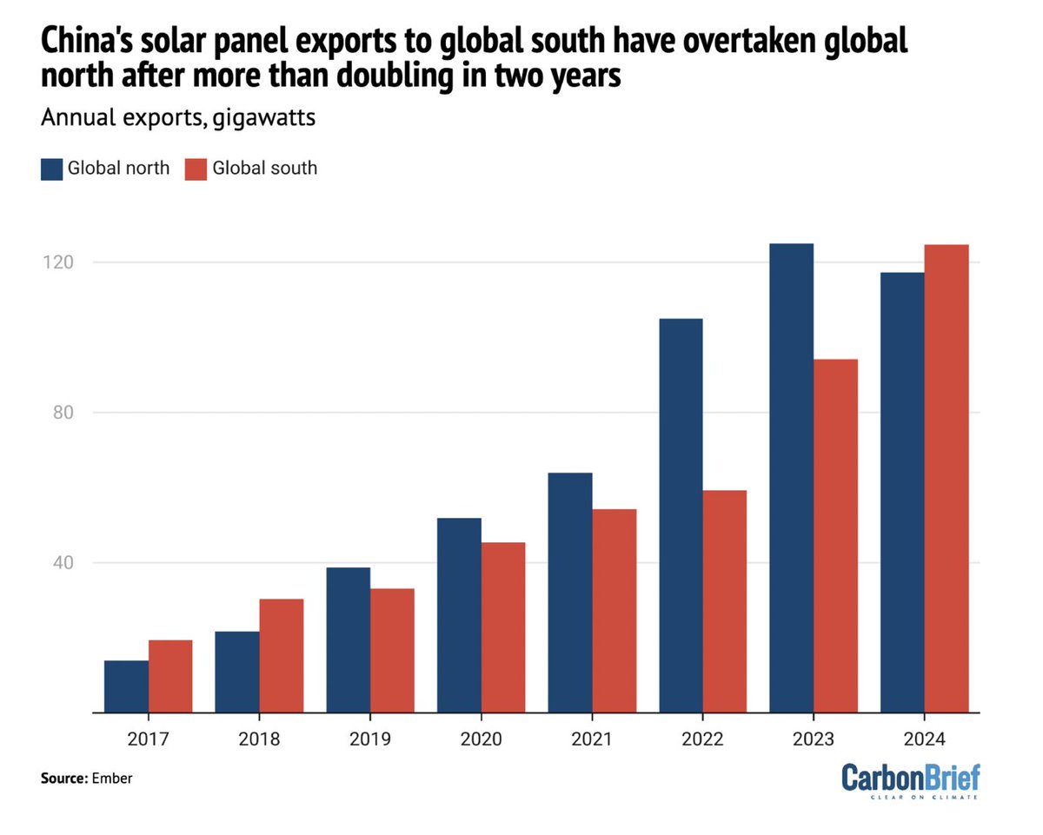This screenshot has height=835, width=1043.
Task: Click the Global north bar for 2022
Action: [x=681, y=515]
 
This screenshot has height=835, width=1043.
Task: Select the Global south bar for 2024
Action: [x=947, y=479]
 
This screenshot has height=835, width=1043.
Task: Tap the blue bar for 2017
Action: [x=126, y=686]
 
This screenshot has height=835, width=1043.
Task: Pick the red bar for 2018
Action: [x=281, y=656]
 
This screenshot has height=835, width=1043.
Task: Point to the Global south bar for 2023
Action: [x=835, y=536]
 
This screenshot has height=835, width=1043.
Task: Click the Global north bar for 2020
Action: [x=459, y=615]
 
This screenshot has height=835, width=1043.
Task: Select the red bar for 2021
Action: [x=614, y=611]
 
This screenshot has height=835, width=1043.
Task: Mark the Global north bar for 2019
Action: [x=348, y=640]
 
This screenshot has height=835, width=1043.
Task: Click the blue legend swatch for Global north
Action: [x=52, y=168]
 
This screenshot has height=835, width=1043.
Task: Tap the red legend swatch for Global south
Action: [x=196, y=168]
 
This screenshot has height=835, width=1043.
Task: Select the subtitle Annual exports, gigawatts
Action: [x=177, y=118]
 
